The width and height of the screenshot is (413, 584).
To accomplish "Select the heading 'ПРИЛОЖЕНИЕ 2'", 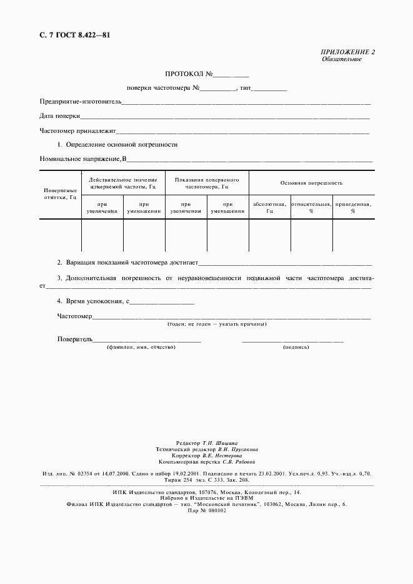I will pos(348,52).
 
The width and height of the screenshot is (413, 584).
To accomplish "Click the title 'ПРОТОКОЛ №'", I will pos(189,74).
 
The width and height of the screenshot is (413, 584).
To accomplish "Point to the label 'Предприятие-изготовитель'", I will pos(81,101).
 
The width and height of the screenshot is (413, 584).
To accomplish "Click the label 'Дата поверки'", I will pos(60,116).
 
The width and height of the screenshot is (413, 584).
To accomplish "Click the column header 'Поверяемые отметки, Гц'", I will pos(60,193).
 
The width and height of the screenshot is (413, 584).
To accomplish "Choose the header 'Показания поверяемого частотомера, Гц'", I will pos(207,182).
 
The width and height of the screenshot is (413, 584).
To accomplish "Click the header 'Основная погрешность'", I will pos(311,183).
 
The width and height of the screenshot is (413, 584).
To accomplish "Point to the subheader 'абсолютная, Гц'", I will pos(269,207).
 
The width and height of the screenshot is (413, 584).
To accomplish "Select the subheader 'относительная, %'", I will pos(311,207).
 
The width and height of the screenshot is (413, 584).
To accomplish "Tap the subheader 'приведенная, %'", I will pos(353,207).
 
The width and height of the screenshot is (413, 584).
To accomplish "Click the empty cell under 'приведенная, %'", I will pos(353,235).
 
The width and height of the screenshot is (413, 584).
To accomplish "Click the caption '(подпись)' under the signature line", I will pos(296,347).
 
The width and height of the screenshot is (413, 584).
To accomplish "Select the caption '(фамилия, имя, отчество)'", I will pos(141,347).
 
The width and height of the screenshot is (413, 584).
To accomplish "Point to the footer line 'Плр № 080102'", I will pos(207,510).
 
